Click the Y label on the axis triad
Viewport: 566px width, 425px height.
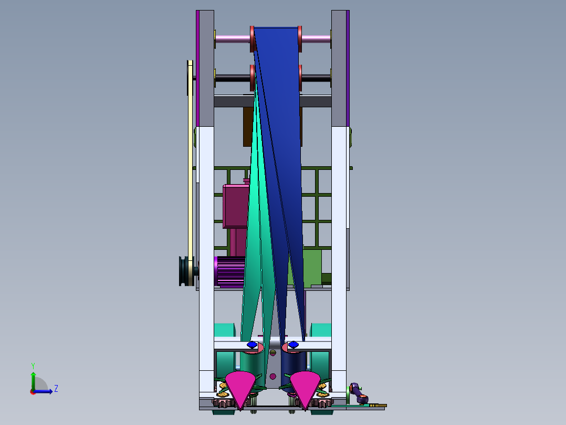click(x=33, y=365)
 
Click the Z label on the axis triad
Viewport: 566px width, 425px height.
click(x=56, y=389)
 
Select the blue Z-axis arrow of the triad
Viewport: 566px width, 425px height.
click(x=46, y=391)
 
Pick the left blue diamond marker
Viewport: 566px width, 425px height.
click(x=252, y=345)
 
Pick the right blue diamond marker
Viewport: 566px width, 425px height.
click(x=293, y=345)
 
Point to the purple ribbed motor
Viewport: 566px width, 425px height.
click(x=229, y=271)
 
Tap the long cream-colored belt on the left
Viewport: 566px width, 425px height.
click(x=190, y=158)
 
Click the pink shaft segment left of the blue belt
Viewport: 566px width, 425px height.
click(x=232, y=38)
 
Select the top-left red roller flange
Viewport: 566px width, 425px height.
click(x=252, y=38)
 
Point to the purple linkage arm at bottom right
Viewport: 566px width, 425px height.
click(x=358, y=392)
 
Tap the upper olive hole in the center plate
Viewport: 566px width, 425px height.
click(x=272, y=352)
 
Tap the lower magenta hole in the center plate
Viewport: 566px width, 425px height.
click(x=272, y=376)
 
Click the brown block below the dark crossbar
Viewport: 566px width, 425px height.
click(x=249, y=126)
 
